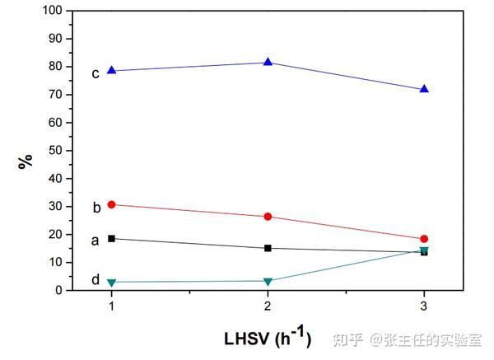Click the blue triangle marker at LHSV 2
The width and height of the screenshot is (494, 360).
[x=268, y=63]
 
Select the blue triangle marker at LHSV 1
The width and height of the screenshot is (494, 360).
[x=111, y=71]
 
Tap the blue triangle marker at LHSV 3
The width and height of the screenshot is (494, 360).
[x=424, y=89]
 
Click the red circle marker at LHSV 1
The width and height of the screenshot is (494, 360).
[x=111, y=204]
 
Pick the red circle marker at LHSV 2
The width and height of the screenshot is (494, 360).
[x=268, y=217]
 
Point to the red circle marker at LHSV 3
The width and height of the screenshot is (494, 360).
[x=424, y=239]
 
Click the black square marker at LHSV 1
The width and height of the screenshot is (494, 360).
[x=111, y=238]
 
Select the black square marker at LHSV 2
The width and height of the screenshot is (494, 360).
[x=268, y=248]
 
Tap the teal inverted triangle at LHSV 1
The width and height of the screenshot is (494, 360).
[x=111, y=283]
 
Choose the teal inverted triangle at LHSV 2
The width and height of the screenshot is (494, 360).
[x=268, y=282]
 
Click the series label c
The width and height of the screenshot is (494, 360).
[x=96, y=73]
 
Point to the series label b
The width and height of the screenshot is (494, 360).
[x=96, y=208]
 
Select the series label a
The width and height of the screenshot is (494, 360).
[x=96, y=241]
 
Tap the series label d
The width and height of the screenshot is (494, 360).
[x=96, y=280]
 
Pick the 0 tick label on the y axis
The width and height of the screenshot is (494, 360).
[x=60, y=291]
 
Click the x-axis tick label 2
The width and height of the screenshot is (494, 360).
[x=268, y=306]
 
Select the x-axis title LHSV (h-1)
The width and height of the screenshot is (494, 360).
[x=268, y=336]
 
